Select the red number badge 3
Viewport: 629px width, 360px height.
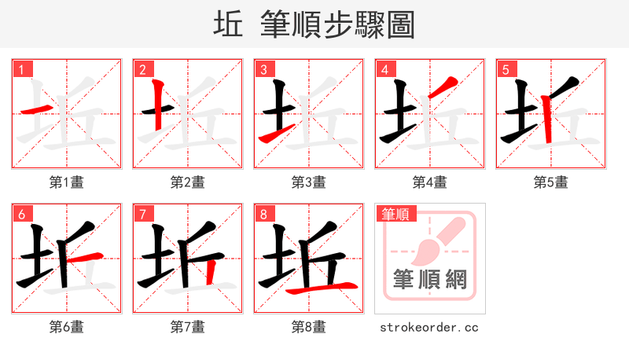point(264,69)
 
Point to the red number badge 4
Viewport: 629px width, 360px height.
point(385,69)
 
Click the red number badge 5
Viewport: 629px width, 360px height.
point(506,69)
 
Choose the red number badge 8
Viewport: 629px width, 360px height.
point(264,214)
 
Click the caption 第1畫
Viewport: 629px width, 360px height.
point(67,182)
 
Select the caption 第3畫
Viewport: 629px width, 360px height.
point(309,182)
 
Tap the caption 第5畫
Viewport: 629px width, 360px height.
point(551,182)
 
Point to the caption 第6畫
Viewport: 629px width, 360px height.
point(67,327)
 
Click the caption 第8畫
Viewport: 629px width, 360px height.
point(309,327)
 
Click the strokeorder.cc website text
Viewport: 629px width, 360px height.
point(429,327)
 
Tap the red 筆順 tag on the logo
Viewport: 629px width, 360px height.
point(395,214)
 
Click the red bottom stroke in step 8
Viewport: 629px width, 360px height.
point(322,289)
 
